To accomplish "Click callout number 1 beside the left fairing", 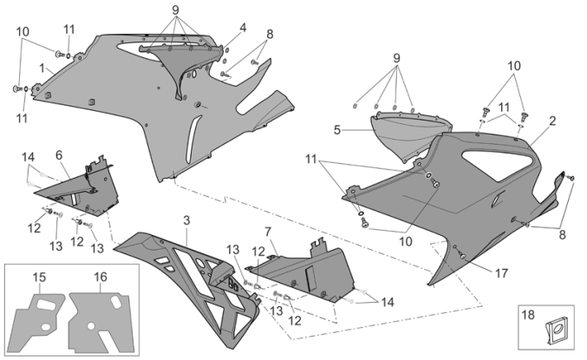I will coord(41,67).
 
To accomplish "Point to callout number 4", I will coord(242,27).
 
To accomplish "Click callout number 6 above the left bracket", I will coord(59,154).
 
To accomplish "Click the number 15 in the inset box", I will coord(39,277).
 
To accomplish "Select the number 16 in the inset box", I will coord(101,277).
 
